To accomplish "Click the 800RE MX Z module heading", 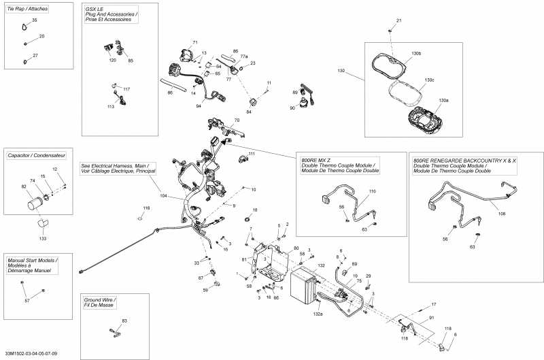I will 338,165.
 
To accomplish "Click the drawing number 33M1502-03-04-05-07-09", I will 31,353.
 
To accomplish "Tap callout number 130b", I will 416,54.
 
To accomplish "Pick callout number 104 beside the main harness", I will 163,195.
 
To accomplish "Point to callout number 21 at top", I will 398,21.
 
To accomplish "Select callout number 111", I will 251,154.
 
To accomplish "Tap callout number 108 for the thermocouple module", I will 502,214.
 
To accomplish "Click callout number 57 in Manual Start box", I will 27,300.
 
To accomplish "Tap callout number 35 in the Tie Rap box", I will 35,21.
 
